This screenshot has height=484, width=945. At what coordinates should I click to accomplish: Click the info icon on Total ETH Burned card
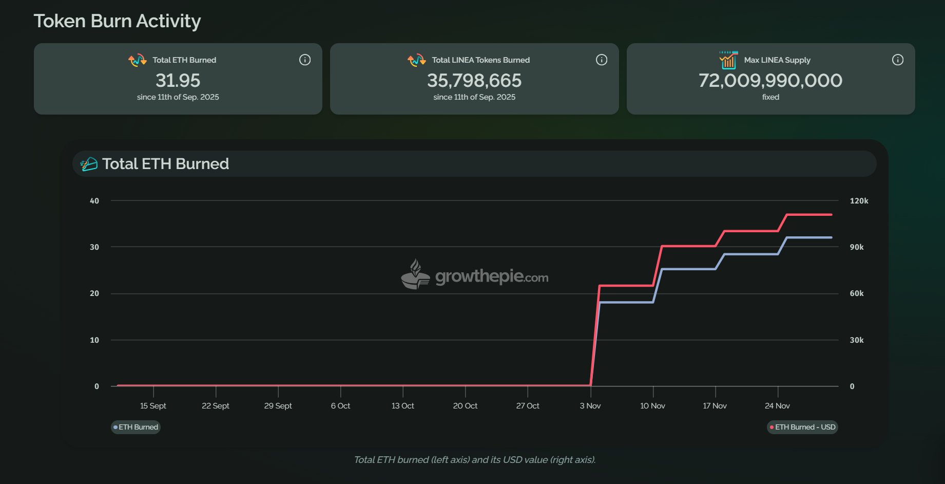pos(305,60)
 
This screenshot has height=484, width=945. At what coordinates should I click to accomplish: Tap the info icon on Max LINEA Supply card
pos(897,60)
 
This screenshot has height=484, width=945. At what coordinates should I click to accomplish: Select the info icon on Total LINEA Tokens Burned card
pos(601,60)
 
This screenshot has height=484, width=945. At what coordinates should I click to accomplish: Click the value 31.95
pos(178,80)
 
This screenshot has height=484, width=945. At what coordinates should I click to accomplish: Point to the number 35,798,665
pos(474,80)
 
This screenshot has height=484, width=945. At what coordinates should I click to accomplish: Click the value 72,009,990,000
pos(770,80)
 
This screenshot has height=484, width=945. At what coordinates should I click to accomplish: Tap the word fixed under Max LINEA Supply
pos(770,97)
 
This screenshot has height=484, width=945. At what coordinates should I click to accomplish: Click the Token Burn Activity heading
pos(117,21)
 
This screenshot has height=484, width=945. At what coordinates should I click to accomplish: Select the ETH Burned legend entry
pos(136,427)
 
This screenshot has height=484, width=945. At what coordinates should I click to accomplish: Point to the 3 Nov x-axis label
pos(590,406)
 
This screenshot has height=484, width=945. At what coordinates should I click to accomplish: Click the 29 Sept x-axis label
pos(278,406)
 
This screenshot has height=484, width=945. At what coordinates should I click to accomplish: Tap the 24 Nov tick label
pos(777,406)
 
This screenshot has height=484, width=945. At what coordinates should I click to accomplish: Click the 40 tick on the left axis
pos(94,201)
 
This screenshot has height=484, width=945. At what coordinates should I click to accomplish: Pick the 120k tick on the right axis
pos(859,201)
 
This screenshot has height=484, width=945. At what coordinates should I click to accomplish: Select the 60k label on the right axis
pos(857,293)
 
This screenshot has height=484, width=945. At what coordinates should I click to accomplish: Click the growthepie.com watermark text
pos(491,276)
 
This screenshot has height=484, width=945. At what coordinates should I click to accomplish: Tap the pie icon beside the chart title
pos(89,164)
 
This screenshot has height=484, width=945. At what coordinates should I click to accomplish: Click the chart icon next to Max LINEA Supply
pos(728,60)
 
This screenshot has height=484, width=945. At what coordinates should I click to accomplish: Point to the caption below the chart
pos(474,460)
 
